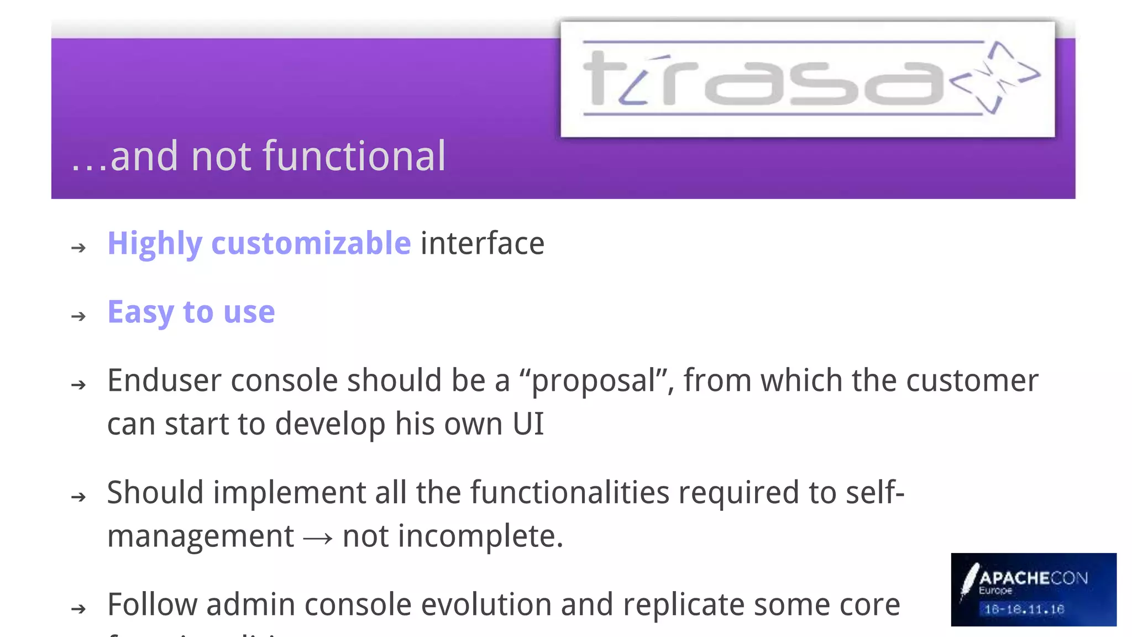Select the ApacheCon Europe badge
click(1033, 589)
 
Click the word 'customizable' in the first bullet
click(311, 243)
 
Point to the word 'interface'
click(483, 243)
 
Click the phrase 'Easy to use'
click(191, 312)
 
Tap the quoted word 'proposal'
click(594, 381)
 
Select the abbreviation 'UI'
click(528, 424)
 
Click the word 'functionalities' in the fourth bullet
click(570, 492)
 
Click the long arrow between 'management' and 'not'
click(318, 537)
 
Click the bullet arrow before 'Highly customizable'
click(79, 247)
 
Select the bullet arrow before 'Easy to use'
click(79, 316)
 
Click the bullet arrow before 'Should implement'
click(79, 497)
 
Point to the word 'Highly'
click(155, 243)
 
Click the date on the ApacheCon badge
click(1024, 609)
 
